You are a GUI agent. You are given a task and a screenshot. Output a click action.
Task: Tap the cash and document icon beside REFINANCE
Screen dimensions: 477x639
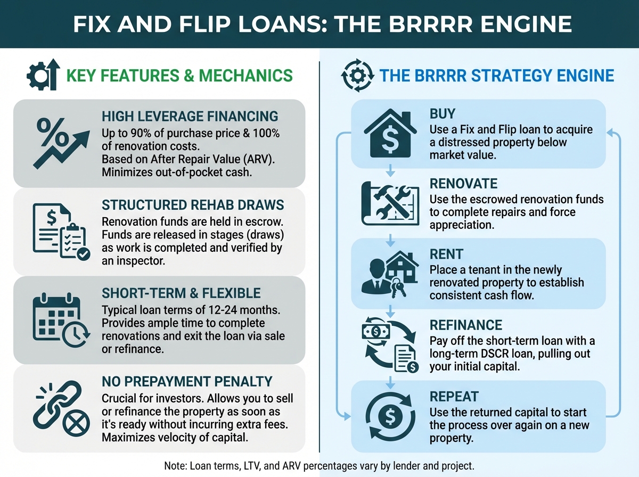(390, 346)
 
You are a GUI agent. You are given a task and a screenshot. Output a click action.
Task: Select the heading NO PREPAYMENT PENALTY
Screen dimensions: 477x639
(186, 381)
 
